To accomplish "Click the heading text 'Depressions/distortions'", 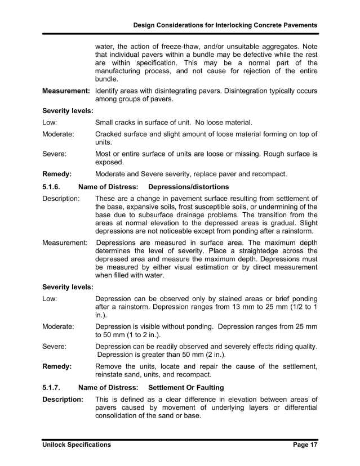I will [188, 186].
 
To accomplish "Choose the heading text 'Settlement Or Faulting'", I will [186, 388].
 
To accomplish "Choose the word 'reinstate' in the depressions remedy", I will [112, 374].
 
